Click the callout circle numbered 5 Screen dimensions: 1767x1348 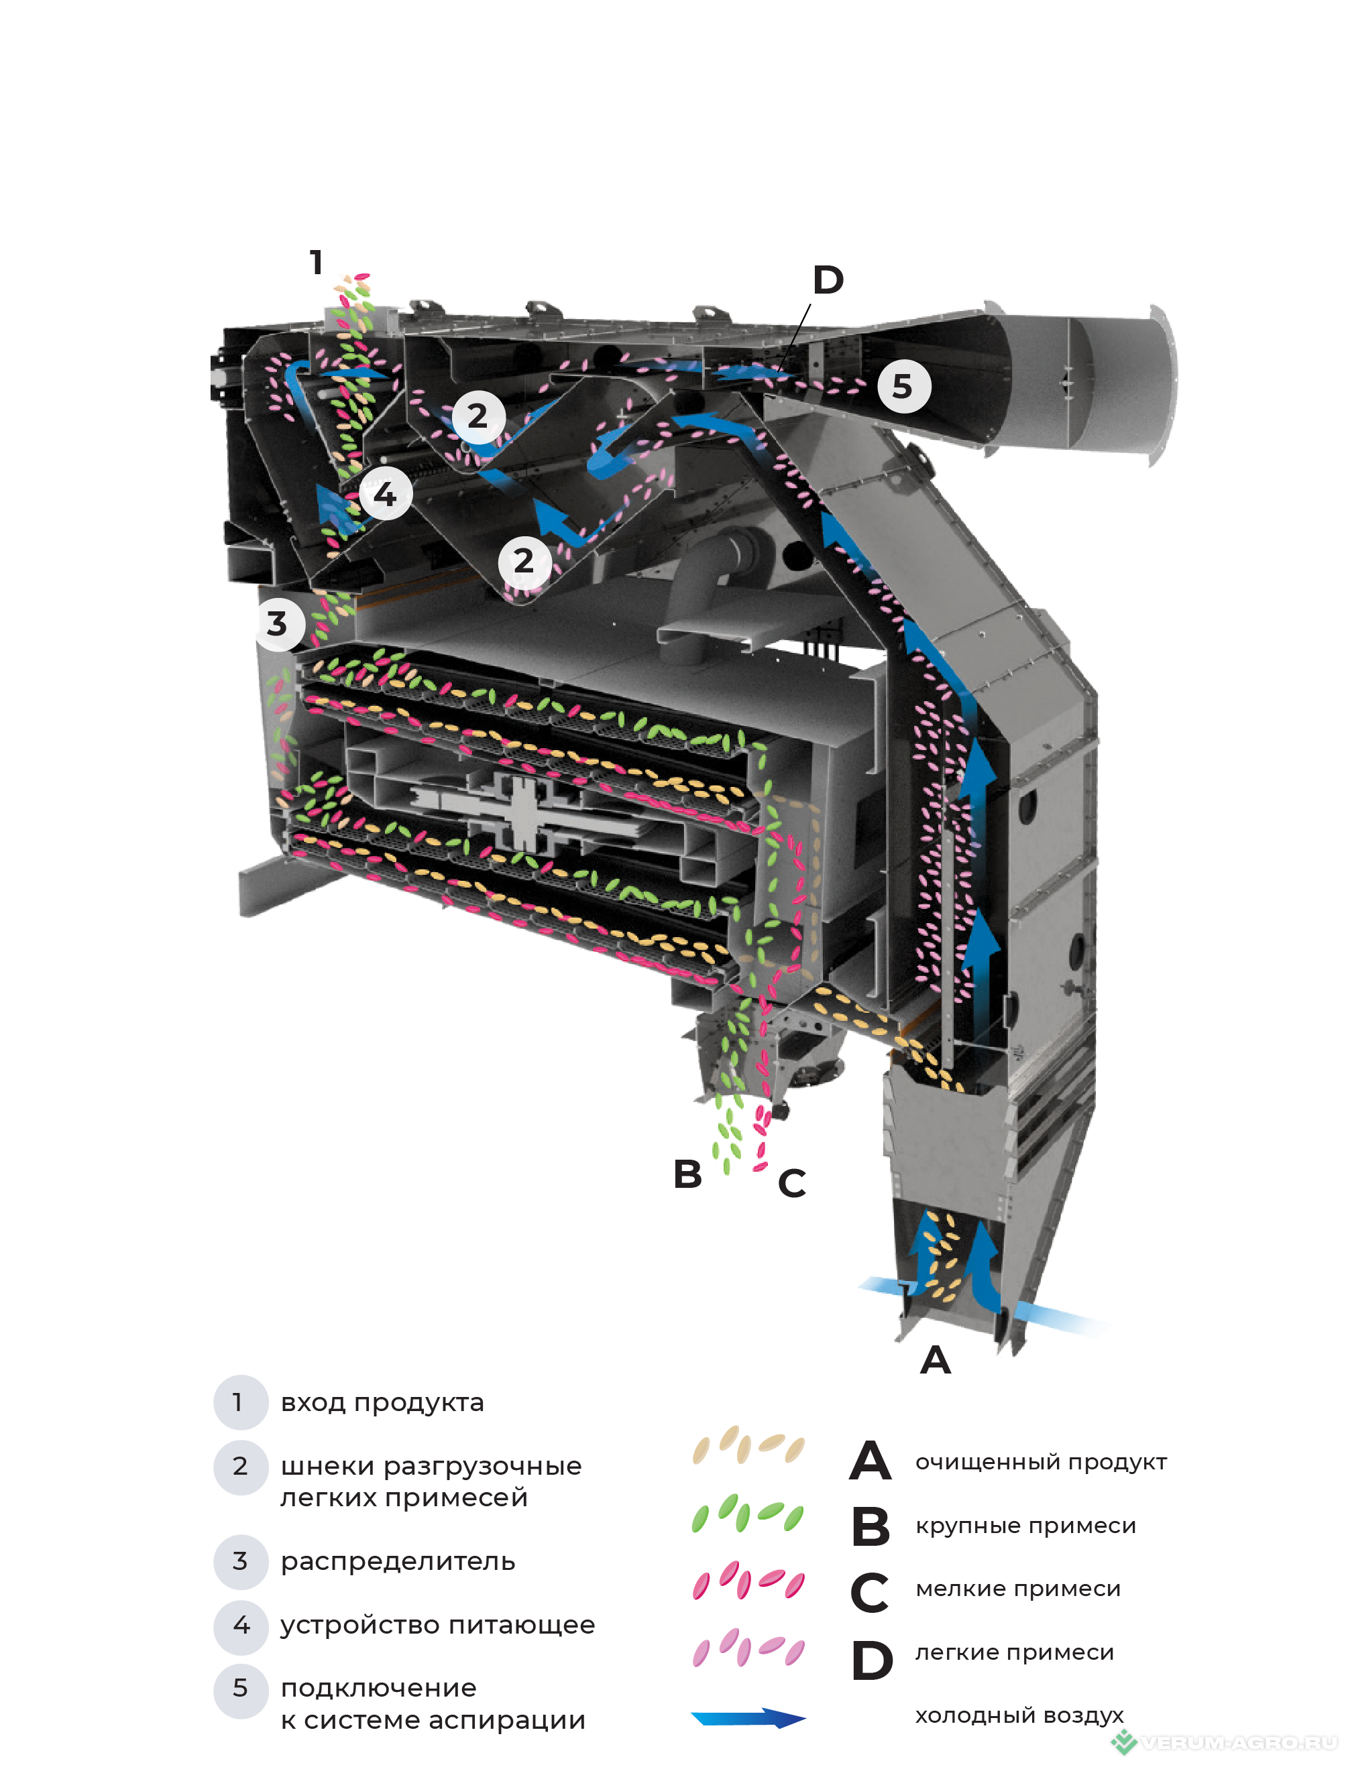pyautogui.click(x=903, y=387)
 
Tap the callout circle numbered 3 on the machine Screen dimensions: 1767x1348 pyautogui.click(x=278, y=623)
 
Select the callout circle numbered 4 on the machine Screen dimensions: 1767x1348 pyautogui.click(x=386, y=493)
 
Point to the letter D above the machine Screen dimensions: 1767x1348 pyautogui.click(x=828, y=280)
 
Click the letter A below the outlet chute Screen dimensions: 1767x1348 pyautogui.click(x=935, y=1360)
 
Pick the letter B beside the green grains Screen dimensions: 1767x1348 pyautogui.click(x=687, y=1174)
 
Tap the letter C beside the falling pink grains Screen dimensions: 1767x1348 pyautogui.click(x=792, y=1183)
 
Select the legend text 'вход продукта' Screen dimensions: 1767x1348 pyautogui.click(x=382, y=1402)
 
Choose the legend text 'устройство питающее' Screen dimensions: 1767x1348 pyautogui.click(x=437, y=1624)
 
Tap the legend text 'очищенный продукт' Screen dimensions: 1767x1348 pyautogui.click(x=1041, y=1461)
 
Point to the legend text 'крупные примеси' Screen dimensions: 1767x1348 pyautogui.click(x=1025, y=1525)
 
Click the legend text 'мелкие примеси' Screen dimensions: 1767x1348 pyautogui.click(x=1017, y=1588)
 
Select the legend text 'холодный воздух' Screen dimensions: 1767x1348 pyautogui.click(x=1019, y=1715)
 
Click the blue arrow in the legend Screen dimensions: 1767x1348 pyautogui.click(x=748, y=1717)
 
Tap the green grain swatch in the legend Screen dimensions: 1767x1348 pyautogui.click(x=748, y=1514)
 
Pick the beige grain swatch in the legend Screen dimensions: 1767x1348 pyautogui.click(x=748, y=1445)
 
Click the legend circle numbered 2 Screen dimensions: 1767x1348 pyautogui.click(x=240, y=1466)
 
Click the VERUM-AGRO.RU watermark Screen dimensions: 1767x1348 pyautogui.click(x=1228, y=1742)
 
